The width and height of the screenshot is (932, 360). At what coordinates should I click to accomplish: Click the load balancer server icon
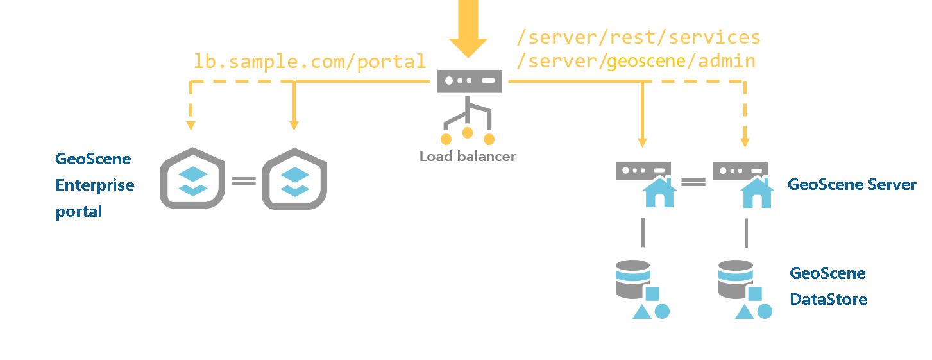point(470,81)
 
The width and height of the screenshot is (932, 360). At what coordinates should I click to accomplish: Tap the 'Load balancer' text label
point(467,156)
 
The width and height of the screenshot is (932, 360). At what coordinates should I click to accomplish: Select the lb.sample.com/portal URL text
point(310,62)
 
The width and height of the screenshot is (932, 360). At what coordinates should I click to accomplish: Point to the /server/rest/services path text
point(638,37)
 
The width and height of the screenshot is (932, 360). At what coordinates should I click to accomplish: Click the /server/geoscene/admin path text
point(636,62)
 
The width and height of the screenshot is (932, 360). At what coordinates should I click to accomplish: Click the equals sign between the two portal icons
point(244,181)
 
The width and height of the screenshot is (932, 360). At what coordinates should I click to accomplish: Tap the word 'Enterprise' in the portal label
point(95,185)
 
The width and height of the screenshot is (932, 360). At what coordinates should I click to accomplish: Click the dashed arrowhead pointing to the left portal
point(191,124)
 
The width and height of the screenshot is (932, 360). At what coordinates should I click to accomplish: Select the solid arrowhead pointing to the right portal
point(294,124)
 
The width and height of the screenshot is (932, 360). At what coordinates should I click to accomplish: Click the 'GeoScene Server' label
point(852,185)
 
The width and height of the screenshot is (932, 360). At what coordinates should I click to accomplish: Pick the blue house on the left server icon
point(659,193)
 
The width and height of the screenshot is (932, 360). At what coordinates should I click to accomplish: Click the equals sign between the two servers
point(693,182)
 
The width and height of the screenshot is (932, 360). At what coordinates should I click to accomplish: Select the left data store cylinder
point(632,279)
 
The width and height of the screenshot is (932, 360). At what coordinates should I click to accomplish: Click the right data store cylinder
point(735,279)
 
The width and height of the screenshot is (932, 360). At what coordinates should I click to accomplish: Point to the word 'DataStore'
point(828,299)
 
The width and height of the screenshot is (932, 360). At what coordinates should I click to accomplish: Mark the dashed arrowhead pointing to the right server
point(745,142)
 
